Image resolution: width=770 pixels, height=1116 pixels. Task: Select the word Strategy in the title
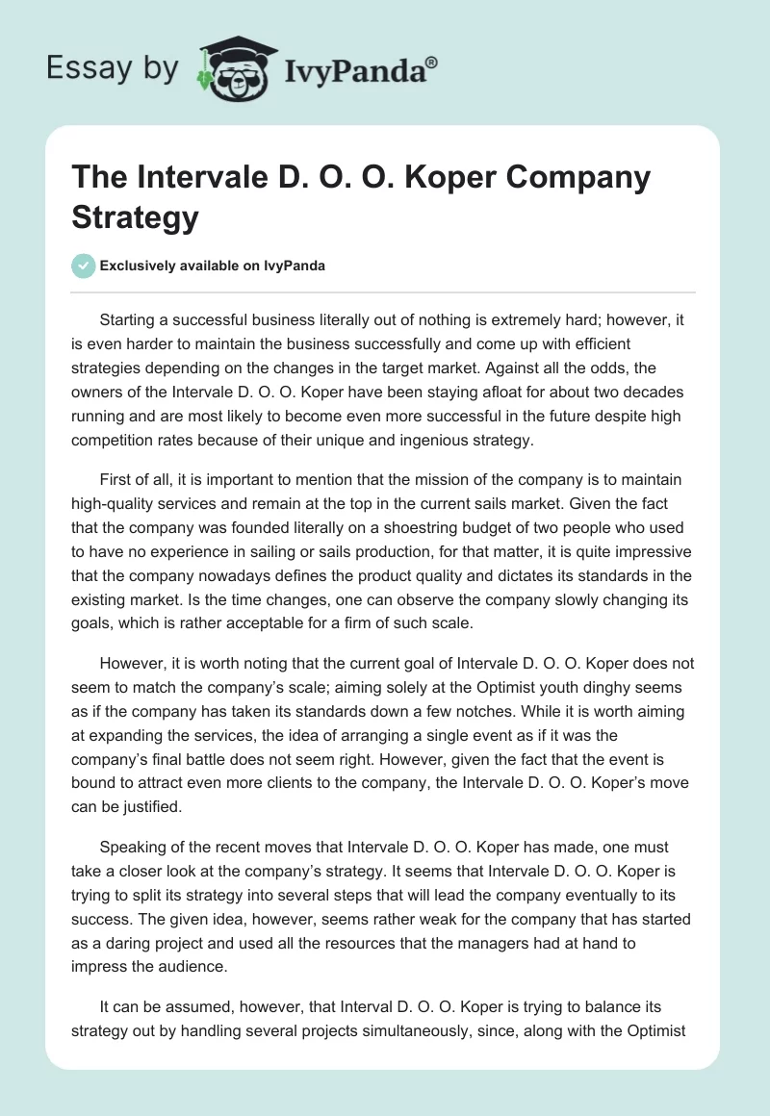[x=135, y=216]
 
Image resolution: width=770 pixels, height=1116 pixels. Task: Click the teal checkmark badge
[x=84, y=266]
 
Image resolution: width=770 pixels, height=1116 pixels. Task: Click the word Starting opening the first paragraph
[x=130, y=321]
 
